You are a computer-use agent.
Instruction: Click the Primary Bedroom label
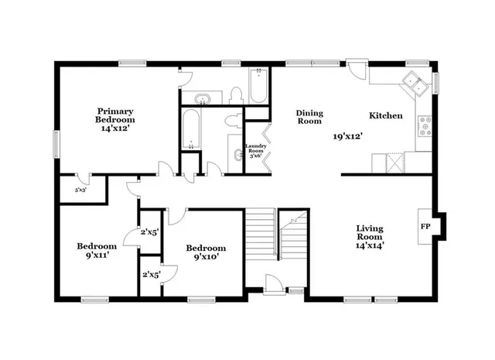115,115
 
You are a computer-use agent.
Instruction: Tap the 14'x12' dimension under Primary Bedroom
115,129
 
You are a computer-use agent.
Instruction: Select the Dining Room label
309,117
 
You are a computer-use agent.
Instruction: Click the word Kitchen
385,115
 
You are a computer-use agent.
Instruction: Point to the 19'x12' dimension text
348,135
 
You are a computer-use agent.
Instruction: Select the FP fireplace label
425,227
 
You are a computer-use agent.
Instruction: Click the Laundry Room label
256,150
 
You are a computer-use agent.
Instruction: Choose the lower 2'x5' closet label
149,274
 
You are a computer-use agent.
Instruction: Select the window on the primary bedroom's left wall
55,143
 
